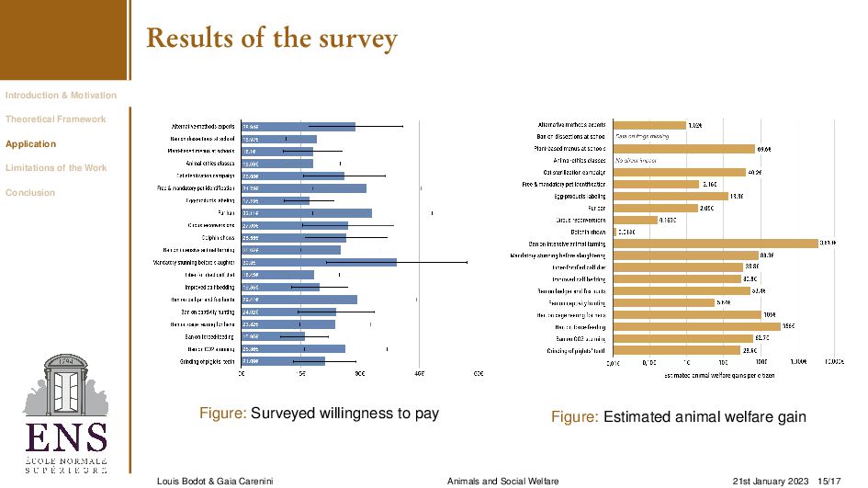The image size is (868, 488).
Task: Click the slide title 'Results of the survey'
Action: click(271, 39)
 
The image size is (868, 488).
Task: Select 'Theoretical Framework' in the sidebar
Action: click(55, 119)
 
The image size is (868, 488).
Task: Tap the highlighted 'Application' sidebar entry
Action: click(30, 144)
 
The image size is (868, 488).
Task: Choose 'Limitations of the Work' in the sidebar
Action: click(56, 168)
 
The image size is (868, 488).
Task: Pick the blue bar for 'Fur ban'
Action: click(307, 213)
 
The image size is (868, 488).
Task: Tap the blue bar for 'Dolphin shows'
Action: click(294, 238)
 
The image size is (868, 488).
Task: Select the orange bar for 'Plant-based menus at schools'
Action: click(683, 148)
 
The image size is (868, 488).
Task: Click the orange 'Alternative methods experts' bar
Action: click(649, 124)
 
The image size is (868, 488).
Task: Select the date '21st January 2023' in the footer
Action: click(770, 481)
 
